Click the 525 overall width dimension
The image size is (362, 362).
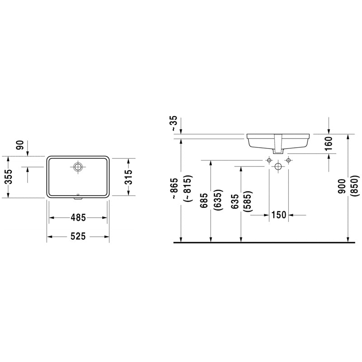click(78, 237)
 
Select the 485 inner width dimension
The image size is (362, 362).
click(78, 218)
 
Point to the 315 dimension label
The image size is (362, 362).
click(129, 176)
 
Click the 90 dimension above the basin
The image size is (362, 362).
click(19, 145)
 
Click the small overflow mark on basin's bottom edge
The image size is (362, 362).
click(78, 196)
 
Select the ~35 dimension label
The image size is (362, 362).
click(174, 123)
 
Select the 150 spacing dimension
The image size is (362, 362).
click(279, 215)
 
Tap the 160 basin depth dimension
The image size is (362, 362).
click(329, 143)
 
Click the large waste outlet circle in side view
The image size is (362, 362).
click(278, 167)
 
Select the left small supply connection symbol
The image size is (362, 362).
click(269, 160)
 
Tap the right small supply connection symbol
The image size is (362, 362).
click(288, 160)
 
